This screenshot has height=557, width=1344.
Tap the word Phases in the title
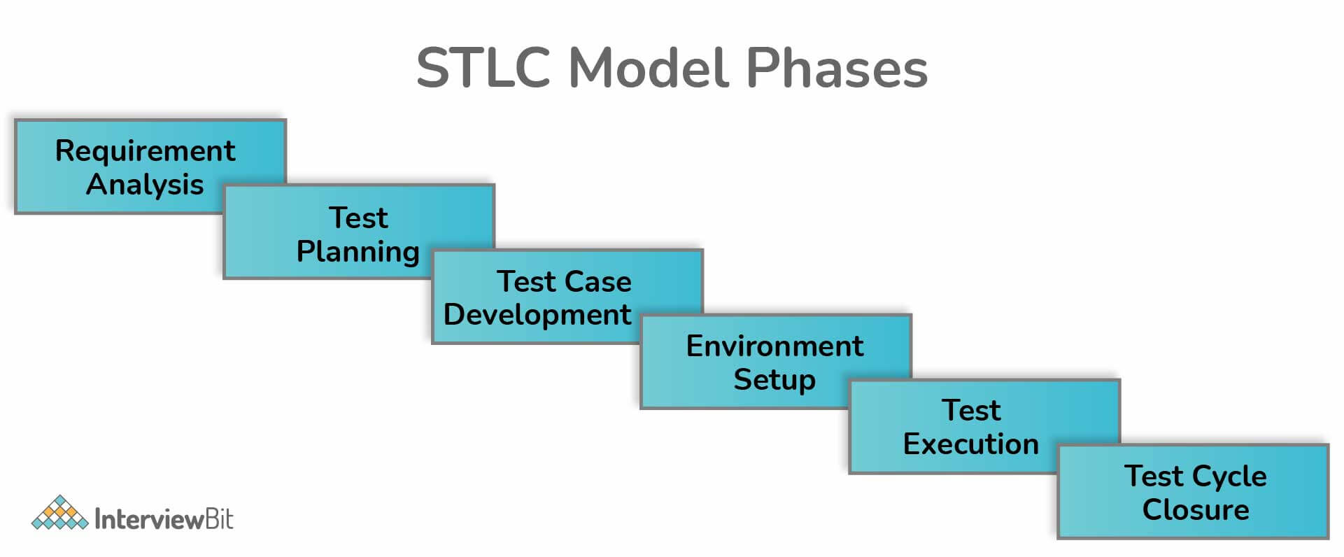coord(837,68)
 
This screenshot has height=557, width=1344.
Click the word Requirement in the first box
coord(145,151)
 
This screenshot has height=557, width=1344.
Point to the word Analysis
coord(145,185)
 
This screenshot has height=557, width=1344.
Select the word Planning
coord(358,251)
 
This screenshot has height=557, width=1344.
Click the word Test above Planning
coord(358,218)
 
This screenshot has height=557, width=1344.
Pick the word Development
coord(537,315)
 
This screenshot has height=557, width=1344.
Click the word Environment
coord(774,346)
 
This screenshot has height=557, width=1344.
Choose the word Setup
coord(774,379)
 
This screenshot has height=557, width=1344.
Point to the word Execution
coord(970,444)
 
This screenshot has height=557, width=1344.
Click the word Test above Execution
coord(971,410)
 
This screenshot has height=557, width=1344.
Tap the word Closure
coord(1196,509)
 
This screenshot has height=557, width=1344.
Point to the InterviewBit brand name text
coord(164,519)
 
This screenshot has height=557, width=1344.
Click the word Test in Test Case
coord(526,281)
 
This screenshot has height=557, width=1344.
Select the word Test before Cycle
coord(1154,477)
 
